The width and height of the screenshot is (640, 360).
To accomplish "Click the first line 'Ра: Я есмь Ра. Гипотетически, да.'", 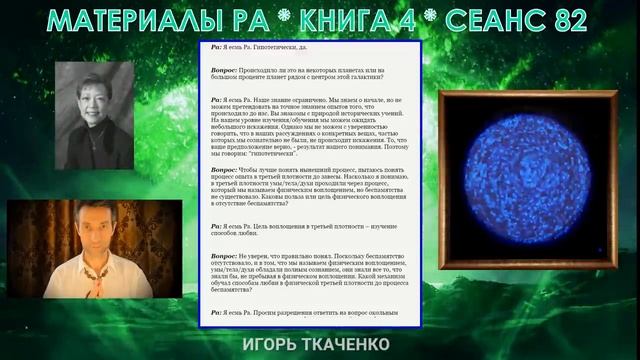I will point(260,47).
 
